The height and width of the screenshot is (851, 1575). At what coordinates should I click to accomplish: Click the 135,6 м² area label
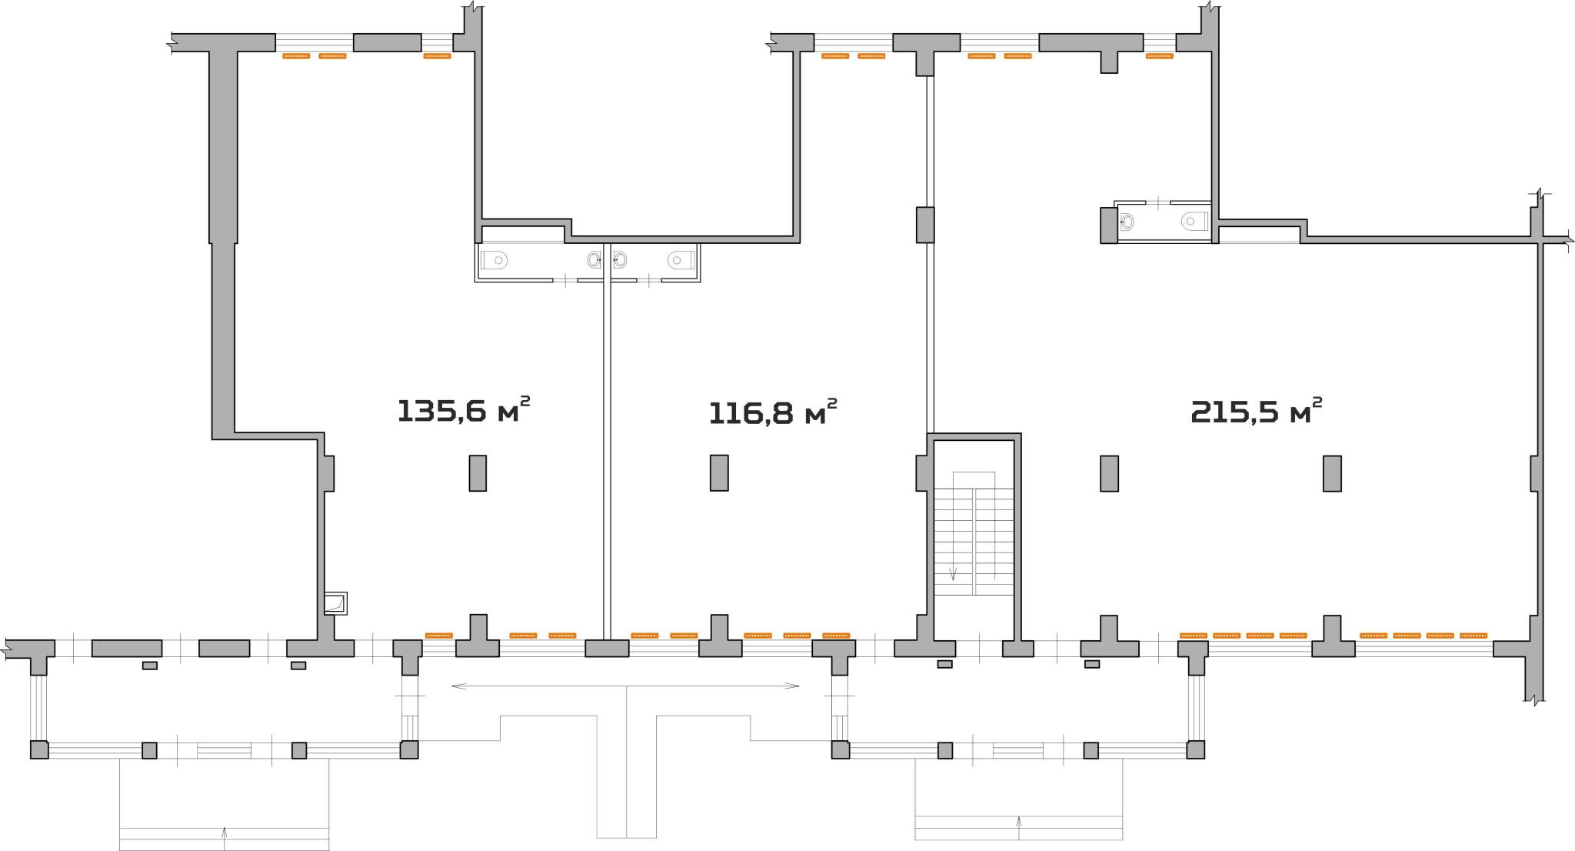coord(463,409)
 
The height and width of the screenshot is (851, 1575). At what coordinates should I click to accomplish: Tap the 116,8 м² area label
coord(772,412)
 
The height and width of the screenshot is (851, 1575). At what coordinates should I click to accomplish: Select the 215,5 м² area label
coord(1256,411)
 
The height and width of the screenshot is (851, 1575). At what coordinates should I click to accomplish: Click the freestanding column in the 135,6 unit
coord(478,473)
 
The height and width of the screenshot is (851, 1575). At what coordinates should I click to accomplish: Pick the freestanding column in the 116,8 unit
coord(719,472)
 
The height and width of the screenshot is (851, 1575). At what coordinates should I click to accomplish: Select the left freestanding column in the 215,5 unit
coord(1109,473)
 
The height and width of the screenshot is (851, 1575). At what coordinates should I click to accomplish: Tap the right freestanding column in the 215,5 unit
coord(1332,473)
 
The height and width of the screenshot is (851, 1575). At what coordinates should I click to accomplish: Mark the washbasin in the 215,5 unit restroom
coord(1127,222)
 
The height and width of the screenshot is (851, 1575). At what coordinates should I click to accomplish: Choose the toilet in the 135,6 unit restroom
coord(494,260)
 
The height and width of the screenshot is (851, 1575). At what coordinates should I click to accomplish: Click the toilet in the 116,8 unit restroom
coord(681,260)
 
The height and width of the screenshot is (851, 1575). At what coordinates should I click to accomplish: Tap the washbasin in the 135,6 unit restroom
coord(594,260)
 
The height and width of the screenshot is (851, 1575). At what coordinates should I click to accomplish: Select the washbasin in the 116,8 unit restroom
coord(620,260)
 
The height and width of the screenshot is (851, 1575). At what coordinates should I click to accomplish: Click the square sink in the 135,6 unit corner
coord(335,603)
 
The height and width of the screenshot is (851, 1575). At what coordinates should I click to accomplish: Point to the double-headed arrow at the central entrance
coord(625,686)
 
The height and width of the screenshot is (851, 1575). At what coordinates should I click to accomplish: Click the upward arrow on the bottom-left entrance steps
coord(225,838)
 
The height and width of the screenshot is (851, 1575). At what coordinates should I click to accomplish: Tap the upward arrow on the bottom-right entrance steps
coord(1019,828)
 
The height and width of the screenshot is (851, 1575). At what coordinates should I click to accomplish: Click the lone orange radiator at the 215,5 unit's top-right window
coord(1160,56)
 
